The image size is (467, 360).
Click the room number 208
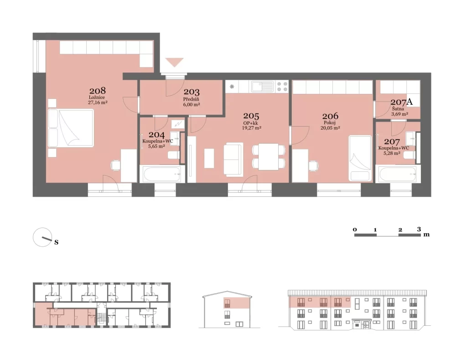(98, 90)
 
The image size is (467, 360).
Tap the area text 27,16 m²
(98, 103)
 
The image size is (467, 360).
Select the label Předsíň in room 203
(191, 99)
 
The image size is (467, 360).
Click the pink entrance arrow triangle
(175, 62)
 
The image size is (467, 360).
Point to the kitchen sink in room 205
(262, 87)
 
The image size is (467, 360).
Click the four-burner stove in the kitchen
(282, 87)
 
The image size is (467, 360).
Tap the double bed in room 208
(71, 128)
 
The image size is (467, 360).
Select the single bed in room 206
(360, 158)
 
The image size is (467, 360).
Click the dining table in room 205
(268, 156)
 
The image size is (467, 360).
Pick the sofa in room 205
(233, 159)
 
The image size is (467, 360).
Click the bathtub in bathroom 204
(162, 174)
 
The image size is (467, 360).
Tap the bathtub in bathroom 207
(398, 174)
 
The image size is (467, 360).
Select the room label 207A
(401, 102)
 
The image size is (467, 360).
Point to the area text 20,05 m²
(330, 128)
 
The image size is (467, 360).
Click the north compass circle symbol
(42, 237)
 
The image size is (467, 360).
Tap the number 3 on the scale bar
(419, 229)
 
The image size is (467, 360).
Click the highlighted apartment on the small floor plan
(64, 314)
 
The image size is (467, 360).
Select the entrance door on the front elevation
(361, 324)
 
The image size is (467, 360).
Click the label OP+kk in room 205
(251, 123)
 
